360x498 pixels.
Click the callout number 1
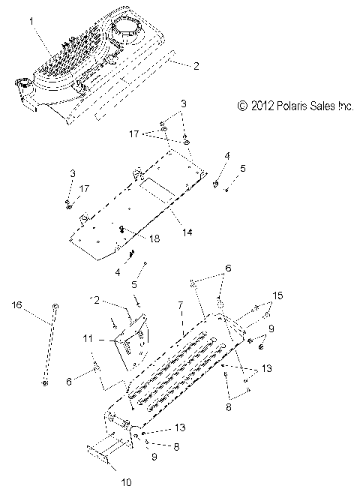[31, 22]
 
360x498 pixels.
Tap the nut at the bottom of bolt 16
[46, 383]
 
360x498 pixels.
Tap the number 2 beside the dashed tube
[196, 66]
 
